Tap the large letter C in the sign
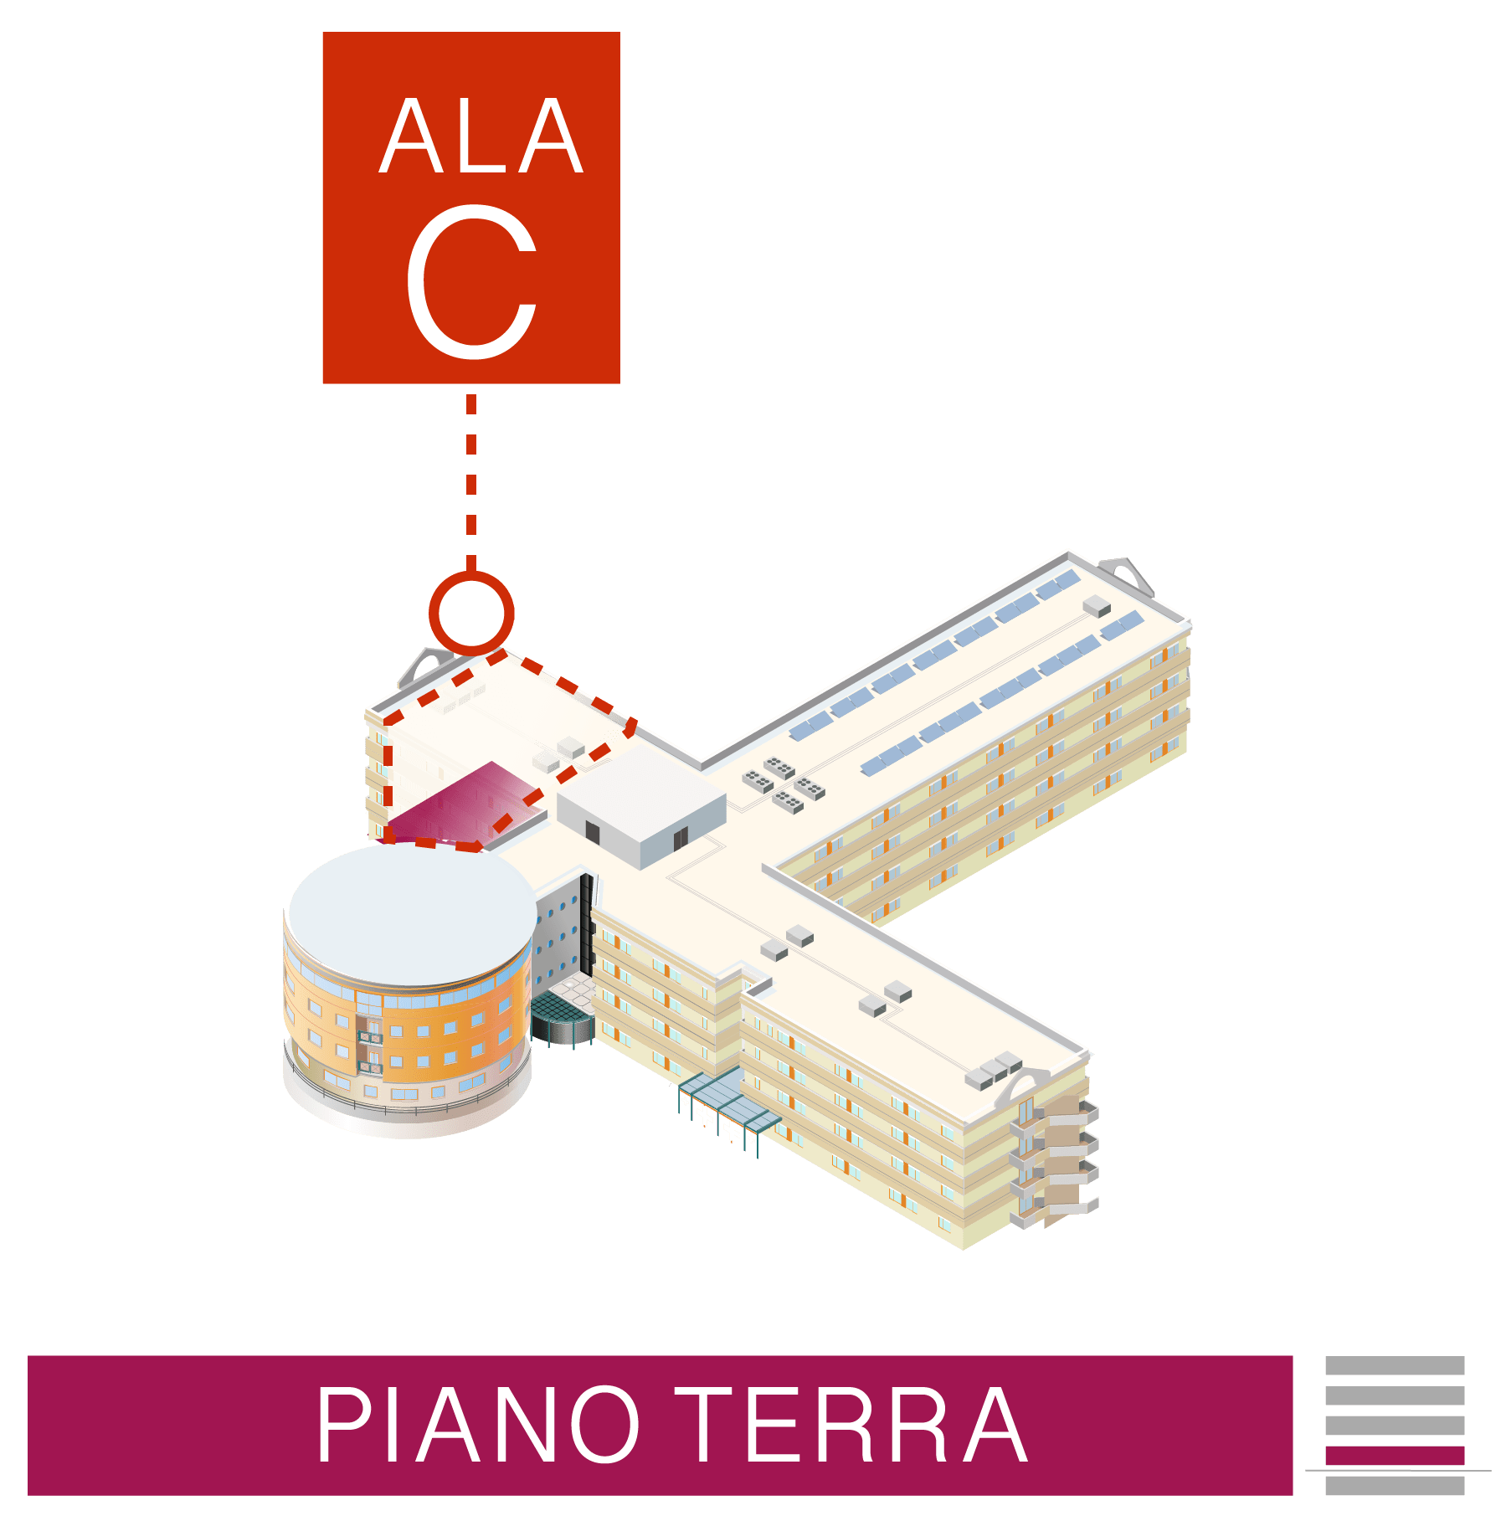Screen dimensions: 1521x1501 pyautogui.click(x=471, y=281)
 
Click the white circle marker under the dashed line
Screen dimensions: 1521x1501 pyautogui.click(x=471, y=613)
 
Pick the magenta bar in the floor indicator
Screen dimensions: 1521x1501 pyautogui.click(x=1394, y=1456)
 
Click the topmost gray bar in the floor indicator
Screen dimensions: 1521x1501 pyautogui.click(x=1394, y=1365)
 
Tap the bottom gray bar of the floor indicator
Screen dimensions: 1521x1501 pyautogui.click(x=1394, y=1486)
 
